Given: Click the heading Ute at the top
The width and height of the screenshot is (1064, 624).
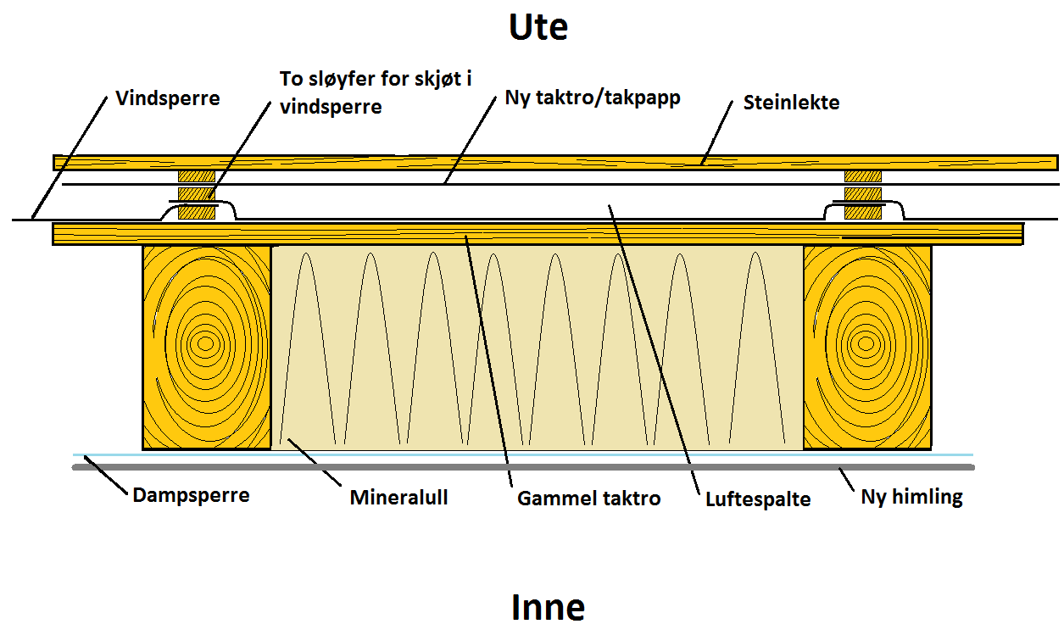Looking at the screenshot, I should [538, 28].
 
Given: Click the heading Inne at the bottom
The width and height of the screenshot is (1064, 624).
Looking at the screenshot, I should [548, 607].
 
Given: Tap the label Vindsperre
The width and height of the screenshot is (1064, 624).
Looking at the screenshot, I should [167, 98].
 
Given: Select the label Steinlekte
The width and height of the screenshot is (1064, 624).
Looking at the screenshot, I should [791, 103].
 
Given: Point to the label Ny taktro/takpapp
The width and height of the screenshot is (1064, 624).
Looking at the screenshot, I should [592, 97].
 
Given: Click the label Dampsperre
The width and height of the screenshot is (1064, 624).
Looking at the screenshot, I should [191, 494].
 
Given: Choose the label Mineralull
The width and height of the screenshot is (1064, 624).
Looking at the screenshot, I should [398, 497].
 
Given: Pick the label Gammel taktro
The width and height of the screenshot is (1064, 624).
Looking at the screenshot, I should [588, 498].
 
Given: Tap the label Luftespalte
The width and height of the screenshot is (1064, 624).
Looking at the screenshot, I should [758, 499].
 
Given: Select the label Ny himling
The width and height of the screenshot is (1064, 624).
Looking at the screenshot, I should [911, 496].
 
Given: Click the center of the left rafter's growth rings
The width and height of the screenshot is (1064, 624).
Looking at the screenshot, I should [204, 343].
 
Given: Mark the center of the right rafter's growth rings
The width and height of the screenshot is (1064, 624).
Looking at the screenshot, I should [866, 343].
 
